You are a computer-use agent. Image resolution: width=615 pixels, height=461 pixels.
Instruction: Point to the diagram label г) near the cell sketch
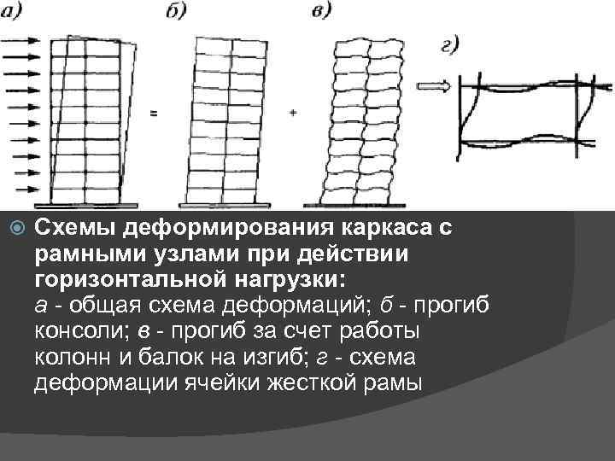[452, 44]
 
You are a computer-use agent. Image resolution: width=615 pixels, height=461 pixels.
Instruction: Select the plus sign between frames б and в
[293, 113]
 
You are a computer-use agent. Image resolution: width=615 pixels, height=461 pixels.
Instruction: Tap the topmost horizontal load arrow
[21, 39]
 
